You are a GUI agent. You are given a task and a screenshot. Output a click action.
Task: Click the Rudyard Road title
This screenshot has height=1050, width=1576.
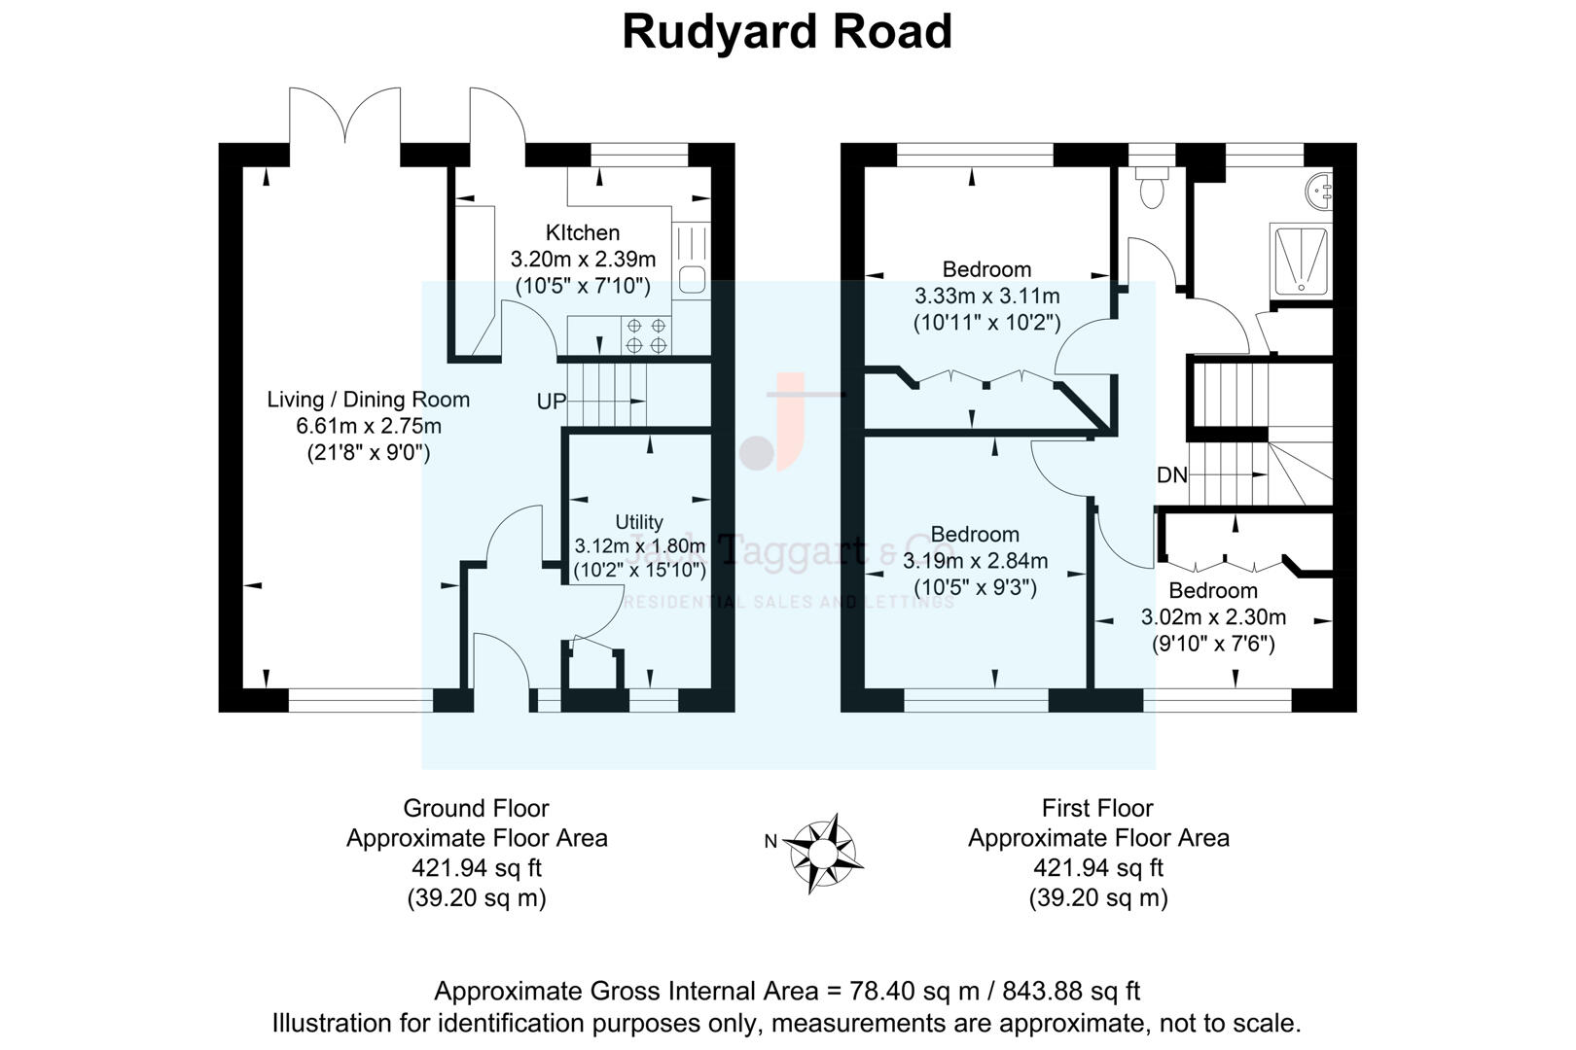pos(786,31)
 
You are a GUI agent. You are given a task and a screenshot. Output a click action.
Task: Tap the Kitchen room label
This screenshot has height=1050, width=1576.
pos(583,233)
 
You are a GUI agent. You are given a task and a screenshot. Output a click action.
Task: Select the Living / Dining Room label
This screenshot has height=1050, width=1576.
pos(368,400)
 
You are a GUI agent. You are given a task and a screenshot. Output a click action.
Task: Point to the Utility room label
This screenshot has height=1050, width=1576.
pos(639,522)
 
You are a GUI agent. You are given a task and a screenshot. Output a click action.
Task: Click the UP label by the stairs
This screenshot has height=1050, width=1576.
pos(551,402)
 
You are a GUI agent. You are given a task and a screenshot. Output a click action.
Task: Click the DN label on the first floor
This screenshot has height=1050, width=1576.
pos(1172,475)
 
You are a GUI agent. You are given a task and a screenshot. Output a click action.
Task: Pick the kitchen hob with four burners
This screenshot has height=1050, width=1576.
pos(646,335)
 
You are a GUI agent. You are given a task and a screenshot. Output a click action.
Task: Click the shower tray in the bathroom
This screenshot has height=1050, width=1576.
pos(1300,261)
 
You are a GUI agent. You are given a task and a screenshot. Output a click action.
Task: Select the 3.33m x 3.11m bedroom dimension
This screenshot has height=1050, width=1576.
pos(986,297)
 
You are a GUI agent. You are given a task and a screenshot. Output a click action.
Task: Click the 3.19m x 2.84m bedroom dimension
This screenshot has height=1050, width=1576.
pos(975,561)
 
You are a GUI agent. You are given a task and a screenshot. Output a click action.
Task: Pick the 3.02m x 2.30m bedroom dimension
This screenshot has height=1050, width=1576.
pos(1213,617)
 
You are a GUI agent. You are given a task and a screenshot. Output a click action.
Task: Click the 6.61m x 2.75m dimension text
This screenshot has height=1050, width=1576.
pos(368,426)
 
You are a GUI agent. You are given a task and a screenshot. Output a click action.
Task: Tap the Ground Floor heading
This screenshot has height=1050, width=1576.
pos(476,808)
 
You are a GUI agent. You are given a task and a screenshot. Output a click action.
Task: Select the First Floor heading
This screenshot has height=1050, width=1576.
pos(1096,808)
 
